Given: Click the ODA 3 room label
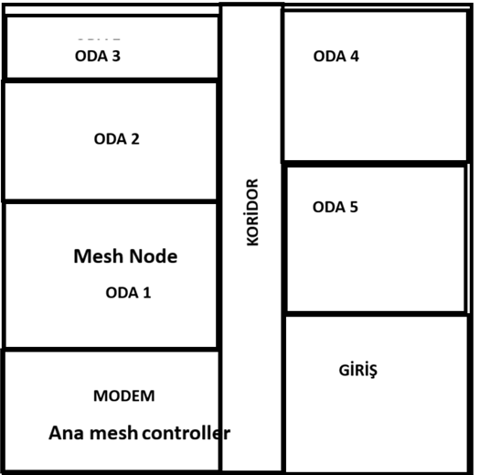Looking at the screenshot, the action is (x=98, y=57).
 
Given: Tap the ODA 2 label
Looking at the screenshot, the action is (x=117, y=139).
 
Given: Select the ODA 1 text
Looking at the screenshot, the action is (x=128, y=293).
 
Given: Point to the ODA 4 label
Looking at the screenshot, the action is (x=336, y=57).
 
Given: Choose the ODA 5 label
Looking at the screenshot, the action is (x=336, y=207).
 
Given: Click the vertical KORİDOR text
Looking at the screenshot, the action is (x=252, y=212).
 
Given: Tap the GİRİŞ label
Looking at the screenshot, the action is (x=358, y=371).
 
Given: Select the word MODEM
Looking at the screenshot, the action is (x=124, y=395).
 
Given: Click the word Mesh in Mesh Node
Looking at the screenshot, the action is (x=99, y=256).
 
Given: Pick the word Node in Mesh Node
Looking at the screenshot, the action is (x=154, y=256).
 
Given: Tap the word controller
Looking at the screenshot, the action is (x=186, y=433).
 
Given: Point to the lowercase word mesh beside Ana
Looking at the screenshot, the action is (x=113, y=433).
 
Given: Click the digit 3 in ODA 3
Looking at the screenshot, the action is (x=116, y=57).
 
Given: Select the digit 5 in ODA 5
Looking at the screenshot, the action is (x=354, y=207).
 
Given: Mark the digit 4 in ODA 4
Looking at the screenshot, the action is (x=355, y=57).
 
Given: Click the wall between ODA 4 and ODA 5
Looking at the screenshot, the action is (x=376, y=164).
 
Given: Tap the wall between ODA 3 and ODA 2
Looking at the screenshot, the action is (x=111, y=81).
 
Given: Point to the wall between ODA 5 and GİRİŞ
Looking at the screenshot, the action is (x=377, y=314).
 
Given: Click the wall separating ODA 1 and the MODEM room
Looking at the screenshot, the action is (x=111, y=350).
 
